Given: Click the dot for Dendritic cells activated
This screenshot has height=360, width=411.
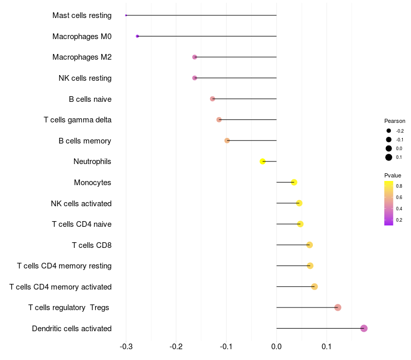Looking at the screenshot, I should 364,328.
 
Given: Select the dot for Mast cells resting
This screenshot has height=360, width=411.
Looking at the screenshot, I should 126,15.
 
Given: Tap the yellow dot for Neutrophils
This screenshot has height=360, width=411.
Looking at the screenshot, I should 263,161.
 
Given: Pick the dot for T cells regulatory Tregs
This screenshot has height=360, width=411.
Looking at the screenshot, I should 338,308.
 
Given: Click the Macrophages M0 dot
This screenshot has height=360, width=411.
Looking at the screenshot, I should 137,36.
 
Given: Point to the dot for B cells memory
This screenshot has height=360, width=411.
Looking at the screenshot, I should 227,140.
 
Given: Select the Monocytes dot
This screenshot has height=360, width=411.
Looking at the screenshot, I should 294,182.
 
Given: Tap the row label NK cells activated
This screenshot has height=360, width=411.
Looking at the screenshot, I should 81,203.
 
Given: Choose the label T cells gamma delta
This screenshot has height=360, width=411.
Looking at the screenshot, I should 78,120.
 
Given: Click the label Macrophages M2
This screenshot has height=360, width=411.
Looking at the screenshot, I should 82,57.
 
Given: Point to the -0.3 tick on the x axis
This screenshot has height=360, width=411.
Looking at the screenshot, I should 126,347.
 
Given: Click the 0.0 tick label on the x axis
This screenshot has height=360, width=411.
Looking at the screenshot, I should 276,347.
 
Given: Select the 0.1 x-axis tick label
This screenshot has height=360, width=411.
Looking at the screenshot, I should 326,347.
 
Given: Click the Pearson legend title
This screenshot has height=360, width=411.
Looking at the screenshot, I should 395,121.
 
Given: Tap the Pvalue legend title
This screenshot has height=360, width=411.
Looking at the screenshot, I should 393,175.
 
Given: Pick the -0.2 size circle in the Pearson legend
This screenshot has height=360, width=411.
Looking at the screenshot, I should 389,131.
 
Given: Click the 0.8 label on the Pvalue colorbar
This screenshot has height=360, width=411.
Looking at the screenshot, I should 399,186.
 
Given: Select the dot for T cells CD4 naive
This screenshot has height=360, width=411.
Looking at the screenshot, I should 300,224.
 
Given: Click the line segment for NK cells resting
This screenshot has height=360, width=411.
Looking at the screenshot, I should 236,78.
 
